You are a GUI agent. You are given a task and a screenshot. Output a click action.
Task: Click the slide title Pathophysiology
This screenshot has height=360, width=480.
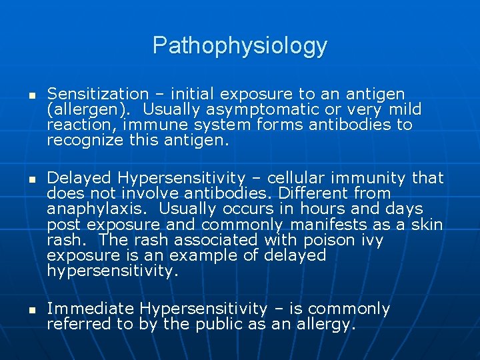point(240,46)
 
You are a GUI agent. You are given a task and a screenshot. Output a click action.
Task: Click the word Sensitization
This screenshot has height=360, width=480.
point(97,94)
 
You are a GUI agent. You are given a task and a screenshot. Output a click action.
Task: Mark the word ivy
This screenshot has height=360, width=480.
point(372,239)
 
